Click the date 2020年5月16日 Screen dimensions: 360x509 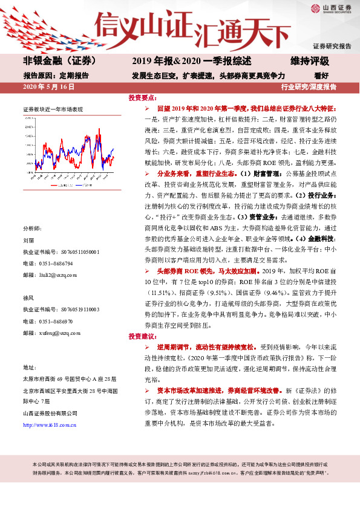48,87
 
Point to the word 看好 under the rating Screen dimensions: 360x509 321,76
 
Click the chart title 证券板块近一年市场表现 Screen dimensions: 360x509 53,109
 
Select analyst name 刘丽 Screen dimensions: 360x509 29,240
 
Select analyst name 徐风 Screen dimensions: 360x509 29,297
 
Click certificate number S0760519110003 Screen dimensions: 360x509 74,309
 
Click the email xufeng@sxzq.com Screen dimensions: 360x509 58,332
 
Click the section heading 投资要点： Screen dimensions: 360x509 142,97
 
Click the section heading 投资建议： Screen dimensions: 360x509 142,336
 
